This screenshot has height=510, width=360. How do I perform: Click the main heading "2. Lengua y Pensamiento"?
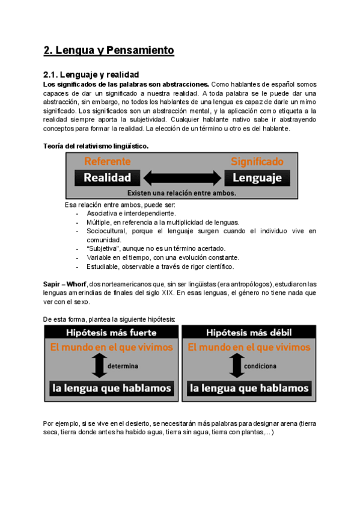(x=109, y=51)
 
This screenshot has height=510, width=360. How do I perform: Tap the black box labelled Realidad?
(x=107, y=177)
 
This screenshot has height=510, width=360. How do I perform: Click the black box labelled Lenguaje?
(x=257, y=177)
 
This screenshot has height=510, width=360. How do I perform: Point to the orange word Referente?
(x=107, y=162)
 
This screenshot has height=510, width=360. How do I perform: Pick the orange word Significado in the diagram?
(x=257, y=162)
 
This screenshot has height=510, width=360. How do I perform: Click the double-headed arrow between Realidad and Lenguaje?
(x=182, y=177)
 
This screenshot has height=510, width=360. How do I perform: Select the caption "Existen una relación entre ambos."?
(x=182, y=193)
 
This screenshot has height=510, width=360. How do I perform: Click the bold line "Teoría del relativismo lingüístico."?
(x=96, y=146)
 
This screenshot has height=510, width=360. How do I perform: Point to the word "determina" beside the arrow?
(x=123, y=366)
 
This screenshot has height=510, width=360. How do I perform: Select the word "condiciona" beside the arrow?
(x=260, y=366)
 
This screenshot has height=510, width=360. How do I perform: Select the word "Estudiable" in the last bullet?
(x=104, y=266)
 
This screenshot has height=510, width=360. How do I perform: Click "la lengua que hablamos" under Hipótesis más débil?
(x=249, y=389)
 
